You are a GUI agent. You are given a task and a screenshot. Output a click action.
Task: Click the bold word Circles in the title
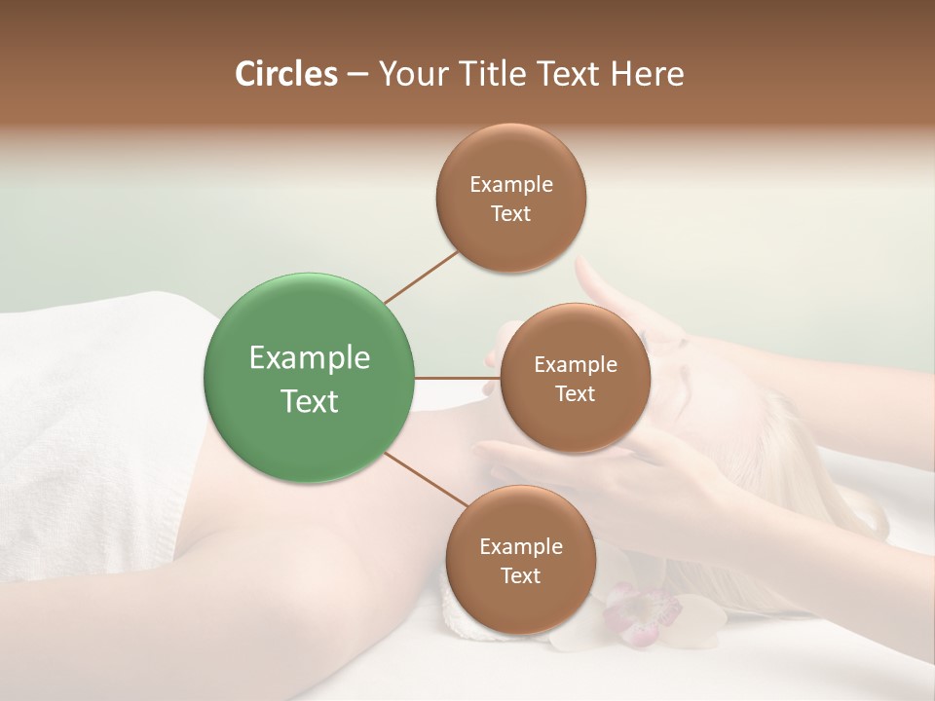point(285,74)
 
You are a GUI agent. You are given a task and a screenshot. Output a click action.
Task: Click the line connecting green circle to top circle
point(421,277)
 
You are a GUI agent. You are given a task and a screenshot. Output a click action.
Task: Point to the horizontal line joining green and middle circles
point(457,378)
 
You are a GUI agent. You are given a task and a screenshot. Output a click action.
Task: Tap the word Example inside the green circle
point(310,358)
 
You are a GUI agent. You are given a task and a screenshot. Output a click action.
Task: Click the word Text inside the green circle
point(310,401)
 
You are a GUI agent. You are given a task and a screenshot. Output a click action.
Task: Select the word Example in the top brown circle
point(511,184)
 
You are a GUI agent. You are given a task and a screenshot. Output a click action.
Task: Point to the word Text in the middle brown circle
point(575,393)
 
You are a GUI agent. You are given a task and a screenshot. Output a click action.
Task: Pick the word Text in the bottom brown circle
point(520,575)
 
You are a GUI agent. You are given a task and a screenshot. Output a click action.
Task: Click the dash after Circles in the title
point(357,74)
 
